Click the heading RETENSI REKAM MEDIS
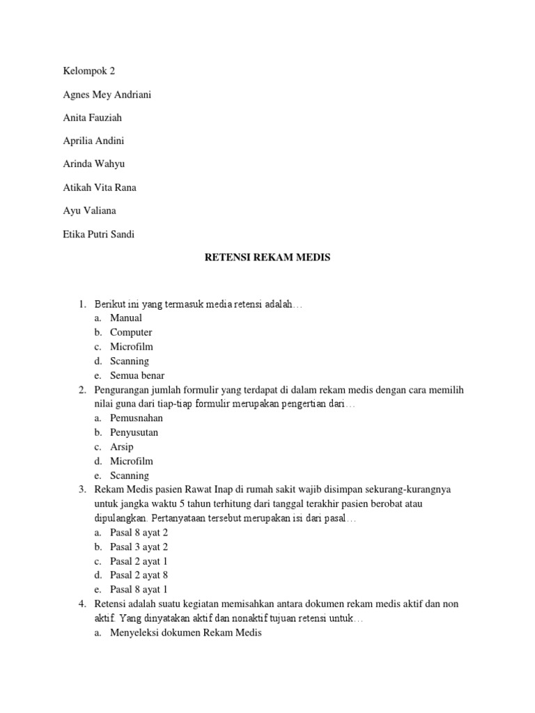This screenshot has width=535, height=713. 267,258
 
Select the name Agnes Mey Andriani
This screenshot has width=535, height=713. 107,95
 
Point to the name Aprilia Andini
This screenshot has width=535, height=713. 93,141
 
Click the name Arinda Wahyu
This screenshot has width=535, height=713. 93,164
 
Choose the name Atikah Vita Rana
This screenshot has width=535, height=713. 99,187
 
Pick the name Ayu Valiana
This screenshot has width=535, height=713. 89,211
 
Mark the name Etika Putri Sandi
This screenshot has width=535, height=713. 98,234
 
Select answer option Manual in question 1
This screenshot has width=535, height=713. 126,318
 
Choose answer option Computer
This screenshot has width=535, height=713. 131,332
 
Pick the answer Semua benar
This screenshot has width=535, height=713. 137,375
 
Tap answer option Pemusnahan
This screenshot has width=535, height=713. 137,418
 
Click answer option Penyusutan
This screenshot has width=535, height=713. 134,432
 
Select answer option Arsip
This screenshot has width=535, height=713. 121,446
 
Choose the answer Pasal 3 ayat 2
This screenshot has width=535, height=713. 139,547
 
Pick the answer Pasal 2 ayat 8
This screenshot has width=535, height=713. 139,575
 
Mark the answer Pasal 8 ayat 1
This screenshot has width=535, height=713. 139,589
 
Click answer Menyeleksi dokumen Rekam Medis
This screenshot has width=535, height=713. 185,632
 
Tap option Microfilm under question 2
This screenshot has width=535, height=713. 132,461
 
